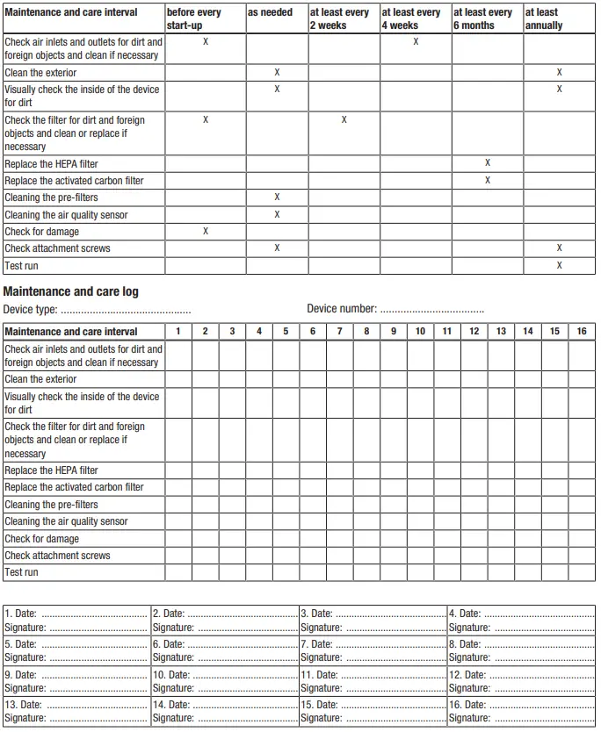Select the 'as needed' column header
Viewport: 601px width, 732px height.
point(270,12)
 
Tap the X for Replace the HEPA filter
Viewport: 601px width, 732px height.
point(488,163)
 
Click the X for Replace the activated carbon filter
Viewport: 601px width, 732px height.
point(488,180)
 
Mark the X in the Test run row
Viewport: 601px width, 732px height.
point(559,265)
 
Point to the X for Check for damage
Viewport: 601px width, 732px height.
point(206,231)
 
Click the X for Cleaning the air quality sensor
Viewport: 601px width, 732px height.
point(277,214)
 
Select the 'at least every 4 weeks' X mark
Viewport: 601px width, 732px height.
point(416,41)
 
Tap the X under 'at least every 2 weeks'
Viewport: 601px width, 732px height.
point(344,119)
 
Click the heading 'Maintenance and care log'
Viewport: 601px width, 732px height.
point(71,291)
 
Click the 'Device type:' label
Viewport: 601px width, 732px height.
point(31,309)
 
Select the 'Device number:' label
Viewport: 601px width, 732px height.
point(342,309)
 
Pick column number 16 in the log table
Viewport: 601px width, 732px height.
point(582,331)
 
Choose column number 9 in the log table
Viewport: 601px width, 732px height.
point(393,331)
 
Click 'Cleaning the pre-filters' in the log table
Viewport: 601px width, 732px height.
point(51,505)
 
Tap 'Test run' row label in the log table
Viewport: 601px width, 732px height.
point(21,572)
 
